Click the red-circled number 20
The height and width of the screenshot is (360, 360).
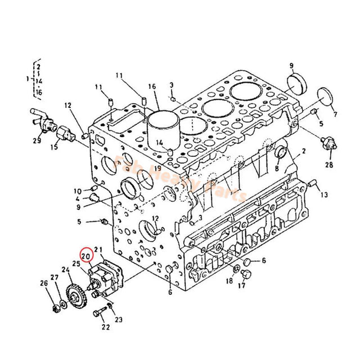click(86, 256)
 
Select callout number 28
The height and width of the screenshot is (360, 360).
click(329, 165)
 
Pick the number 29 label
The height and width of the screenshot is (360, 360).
click(37, 141)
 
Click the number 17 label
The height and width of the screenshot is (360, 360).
click(241, 286)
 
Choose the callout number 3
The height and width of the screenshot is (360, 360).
click(172, 85)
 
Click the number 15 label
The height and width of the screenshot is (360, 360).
click(54, 147)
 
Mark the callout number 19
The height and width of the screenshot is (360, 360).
click(158, 168)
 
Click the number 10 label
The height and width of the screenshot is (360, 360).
click(78, 191)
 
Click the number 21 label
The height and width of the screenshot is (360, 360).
click(98, 250)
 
